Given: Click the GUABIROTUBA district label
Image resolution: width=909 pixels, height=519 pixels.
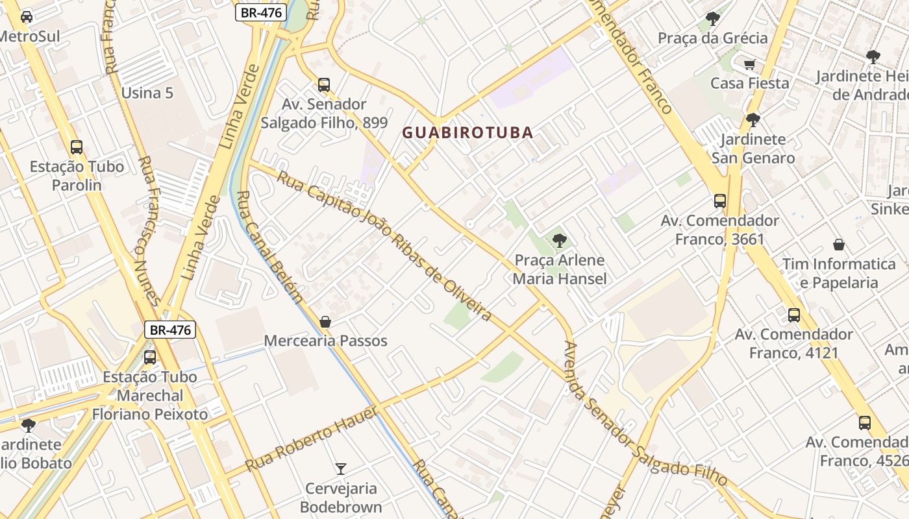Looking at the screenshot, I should point(467,132).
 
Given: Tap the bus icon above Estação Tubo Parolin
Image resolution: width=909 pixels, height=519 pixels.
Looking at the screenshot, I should point(77,147).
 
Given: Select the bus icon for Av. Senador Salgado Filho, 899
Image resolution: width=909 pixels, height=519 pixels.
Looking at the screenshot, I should point(324,85).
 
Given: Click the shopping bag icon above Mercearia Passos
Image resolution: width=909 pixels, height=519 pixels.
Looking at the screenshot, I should point(325,322).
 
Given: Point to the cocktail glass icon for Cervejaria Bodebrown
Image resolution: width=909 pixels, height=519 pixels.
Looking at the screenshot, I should point(340,468).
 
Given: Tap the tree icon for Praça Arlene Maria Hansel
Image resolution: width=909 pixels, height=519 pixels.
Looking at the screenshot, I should point(559,241).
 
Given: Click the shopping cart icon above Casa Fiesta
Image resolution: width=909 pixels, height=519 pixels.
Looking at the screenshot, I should point(750,64).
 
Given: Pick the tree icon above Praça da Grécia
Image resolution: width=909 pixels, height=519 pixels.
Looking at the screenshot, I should point(712,19).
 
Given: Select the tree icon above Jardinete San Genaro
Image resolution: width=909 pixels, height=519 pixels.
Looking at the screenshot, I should point(753,120).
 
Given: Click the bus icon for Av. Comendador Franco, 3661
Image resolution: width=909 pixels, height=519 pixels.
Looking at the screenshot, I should point(720,201).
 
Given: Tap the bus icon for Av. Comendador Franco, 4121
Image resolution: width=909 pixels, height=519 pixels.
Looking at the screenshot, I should point(793,315).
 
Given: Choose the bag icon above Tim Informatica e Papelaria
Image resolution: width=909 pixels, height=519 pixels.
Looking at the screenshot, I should point(839,245).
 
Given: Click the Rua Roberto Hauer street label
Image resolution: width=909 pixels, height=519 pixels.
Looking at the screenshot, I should point(312,439).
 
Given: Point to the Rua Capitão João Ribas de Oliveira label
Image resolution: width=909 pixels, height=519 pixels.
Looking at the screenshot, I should point(384,246).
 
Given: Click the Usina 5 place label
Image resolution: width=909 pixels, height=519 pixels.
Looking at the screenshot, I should point(147,93).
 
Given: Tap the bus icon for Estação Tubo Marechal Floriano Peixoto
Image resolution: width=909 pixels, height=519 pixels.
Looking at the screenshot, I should point(150,357).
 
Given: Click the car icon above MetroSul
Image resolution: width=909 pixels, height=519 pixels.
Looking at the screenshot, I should point(27,16).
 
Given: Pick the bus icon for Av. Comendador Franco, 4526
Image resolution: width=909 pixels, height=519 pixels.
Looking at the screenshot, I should point(865,423).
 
